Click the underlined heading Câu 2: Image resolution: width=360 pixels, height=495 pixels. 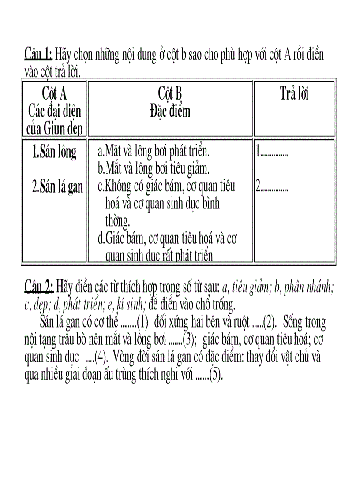point(39,287)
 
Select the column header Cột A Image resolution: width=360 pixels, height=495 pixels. point(54,94)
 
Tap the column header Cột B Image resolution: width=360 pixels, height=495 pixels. point(170,94)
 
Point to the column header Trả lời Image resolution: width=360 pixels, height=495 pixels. point(294,94)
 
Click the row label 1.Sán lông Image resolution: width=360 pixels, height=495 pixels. point(54,152)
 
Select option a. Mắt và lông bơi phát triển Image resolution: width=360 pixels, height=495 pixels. point(153,152)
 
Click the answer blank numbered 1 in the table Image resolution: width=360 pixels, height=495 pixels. point(272,153)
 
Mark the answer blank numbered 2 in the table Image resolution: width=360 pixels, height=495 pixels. point(272,187)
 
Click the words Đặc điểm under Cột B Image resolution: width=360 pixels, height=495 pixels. point(170,111)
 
